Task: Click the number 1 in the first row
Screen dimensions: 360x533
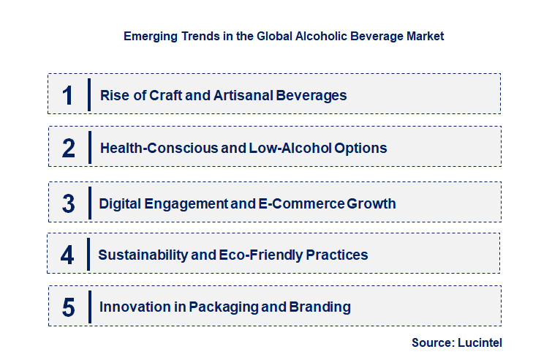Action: [68, 95]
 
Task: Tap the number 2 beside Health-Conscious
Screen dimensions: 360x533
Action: [69, 149]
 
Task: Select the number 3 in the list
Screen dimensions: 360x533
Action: [69, 203]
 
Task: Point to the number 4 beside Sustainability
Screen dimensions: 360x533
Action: [68, 255]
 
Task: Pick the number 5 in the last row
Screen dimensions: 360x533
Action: [69, 307]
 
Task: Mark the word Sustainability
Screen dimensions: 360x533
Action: [141, 255]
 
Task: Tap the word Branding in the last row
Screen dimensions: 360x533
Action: [320, 307]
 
